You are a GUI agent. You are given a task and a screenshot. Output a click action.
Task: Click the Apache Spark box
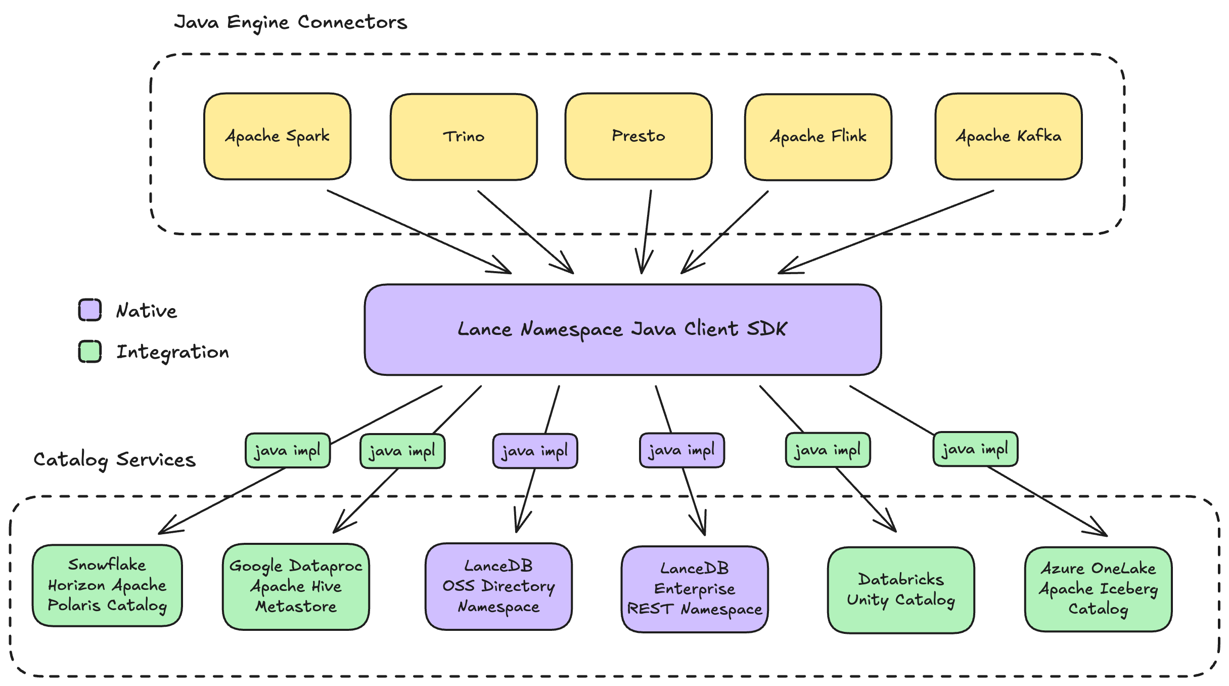coord(277,136)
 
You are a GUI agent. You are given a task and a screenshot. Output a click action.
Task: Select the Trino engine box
coord(464,137)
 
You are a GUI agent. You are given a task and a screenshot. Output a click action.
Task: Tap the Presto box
coord(639,136)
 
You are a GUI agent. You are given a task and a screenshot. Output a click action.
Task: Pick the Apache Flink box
coord(818,137)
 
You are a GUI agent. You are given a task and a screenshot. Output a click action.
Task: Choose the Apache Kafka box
coord(1009,136)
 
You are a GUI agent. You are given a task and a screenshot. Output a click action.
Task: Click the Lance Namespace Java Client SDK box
coord(623,329)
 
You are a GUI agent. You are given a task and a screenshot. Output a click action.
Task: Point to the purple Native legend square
coord(90,310)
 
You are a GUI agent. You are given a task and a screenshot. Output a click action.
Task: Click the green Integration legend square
coord(90,351)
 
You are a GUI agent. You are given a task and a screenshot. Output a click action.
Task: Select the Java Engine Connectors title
coord(291,22)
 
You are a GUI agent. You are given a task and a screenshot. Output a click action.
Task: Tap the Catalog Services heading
coord(114,459)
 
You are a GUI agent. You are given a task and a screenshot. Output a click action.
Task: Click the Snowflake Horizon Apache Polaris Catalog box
coord(107,585)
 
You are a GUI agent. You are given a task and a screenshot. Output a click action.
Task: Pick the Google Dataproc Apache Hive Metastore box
coord(296,586)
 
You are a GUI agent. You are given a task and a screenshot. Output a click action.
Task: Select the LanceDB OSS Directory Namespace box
coord(498,586)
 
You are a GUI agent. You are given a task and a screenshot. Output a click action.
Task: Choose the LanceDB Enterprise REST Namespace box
coord(695,589)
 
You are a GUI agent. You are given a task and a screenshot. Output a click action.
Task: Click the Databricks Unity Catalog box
coord(901,590)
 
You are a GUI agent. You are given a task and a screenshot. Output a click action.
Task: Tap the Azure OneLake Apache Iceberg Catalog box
coord(1098,589)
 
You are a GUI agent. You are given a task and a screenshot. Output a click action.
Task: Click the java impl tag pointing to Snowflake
coord(287,450)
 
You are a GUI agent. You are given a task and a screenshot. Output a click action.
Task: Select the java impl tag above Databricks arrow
coord(828,450)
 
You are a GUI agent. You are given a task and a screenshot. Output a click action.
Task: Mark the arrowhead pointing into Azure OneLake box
coord(1102,533)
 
